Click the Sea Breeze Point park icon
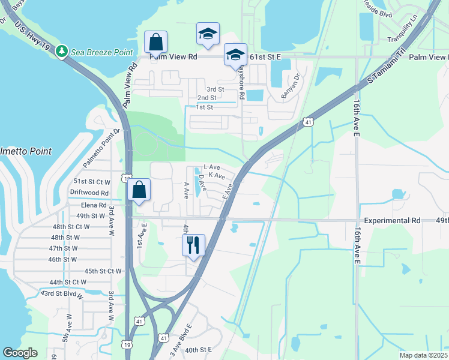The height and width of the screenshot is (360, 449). point(61,52)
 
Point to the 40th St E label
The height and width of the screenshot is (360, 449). point(199,349)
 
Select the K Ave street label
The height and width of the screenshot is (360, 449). point(216,176)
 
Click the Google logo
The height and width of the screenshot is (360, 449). point(20,353)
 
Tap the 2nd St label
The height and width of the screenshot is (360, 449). point(206,98)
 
